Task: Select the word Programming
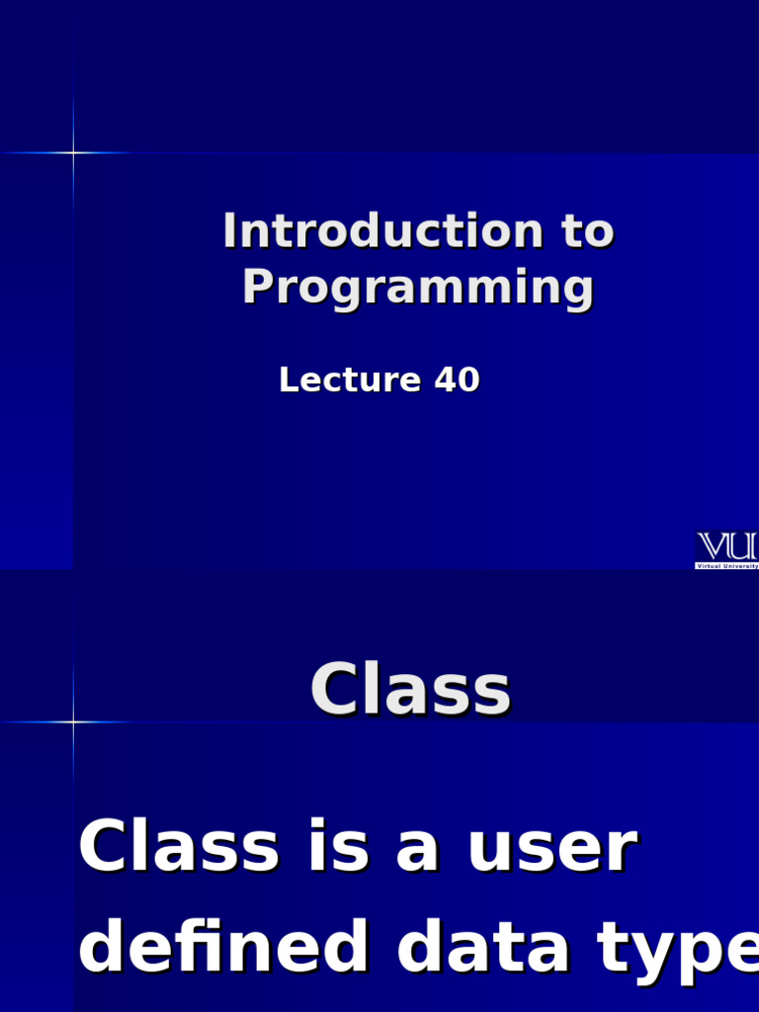[x=418, y=288]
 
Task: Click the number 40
[x=457, y=379]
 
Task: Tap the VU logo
[x=727, y=547]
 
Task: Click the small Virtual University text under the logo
[x=727, y=565]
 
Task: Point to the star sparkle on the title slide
[x=72, y=152]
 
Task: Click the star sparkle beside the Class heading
[x=72, y=722]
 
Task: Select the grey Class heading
[x=410, y=690]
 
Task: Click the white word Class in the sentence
[x=178, y=848]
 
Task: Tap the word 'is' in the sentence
[x=340, y=848]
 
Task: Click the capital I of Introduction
[x=229, y=231]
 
